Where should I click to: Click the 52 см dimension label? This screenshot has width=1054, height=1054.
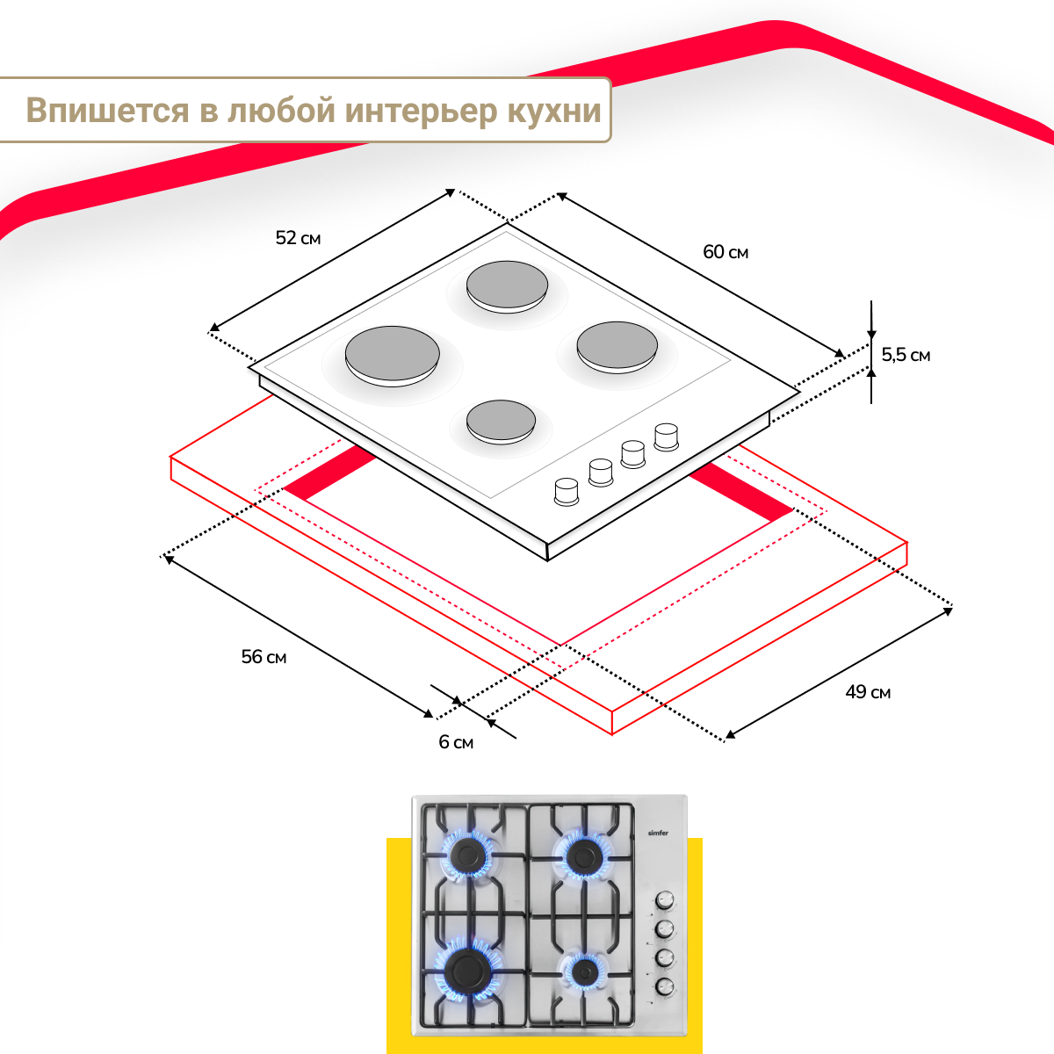pyautogui.click(x=298, y=238)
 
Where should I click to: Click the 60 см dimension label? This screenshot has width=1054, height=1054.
pyautogui.click(x=726, y=252)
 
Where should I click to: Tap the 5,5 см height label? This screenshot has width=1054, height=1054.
pyautogui.click(x=906, y=355)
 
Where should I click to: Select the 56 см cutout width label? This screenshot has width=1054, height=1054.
pyautogui.click(x=263, y=657)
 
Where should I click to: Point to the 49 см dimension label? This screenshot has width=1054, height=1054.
pyautogui.click(x=868, y=692)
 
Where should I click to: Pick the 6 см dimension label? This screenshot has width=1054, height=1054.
pyautogui.click(x=456, y=742)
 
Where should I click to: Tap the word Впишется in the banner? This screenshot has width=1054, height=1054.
pyautogui.click(x=107, y=111)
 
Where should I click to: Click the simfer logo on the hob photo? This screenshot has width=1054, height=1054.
pyautogui.click(x=658, y=833)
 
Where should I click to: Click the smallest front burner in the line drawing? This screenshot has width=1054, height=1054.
pyautogui.click(x=501, y=421)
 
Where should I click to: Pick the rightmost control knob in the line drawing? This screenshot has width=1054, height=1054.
pyautogui.click(x=667, y=436)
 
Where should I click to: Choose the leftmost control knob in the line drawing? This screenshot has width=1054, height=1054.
pyautogui.click(x=567, y=491)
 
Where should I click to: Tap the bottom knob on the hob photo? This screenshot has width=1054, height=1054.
pyautogui.click(x=665, y=987)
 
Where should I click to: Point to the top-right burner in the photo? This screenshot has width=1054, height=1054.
pyautogui.click(x=582, y=855)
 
